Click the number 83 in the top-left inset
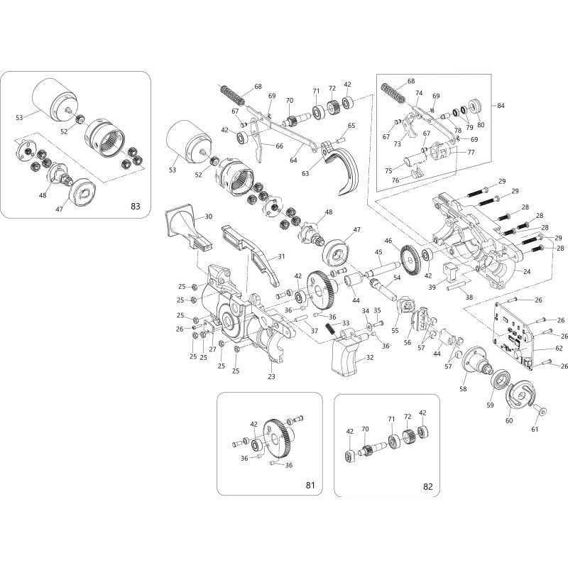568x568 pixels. pos(135,206)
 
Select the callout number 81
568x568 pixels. pos(310,486)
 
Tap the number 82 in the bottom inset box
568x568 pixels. pos(427,486)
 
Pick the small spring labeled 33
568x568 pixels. pos(331,330)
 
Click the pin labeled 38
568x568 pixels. pos(455,288)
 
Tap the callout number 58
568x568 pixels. pos(463,390)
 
